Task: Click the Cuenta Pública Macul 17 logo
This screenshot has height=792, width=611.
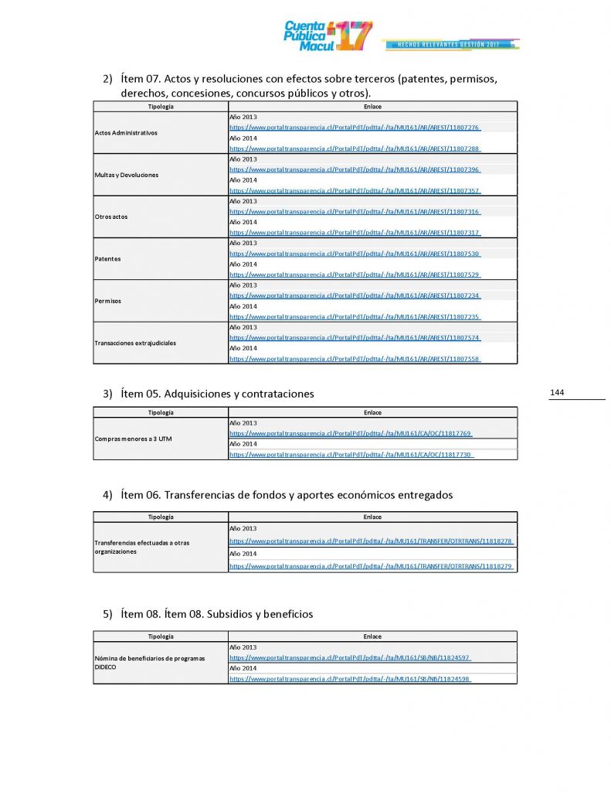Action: tap(328, 36)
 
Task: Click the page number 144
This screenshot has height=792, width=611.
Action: tap(557, 393)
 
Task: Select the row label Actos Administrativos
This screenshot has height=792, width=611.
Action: tap(126, 133)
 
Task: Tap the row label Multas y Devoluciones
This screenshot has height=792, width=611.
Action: tap(126, 175)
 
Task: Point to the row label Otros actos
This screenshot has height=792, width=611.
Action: tap(111, 217)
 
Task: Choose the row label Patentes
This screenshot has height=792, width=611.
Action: tap(107, 258)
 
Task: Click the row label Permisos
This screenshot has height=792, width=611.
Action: tap(108, 301)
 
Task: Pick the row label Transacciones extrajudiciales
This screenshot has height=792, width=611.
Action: tap(135, 343)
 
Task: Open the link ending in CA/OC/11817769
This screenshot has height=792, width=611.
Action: tap(351, 434)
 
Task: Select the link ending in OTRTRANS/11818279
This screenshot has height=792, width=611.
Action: tap(372, 567)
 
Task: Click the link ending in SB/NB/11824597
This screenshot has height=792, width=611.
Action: tap(350, 657)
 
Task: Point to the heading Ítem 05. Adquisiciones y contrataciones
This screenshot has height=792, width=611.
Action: tap(217, 394)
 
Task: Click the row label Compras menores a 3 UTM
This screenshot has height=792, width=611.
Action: tap(134, 439)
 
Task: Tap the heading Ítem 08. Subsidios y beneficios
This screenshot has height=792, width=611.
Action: tap(216, 614)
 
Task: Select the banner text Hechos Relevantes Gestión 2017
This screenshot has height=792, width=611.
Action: tap(448, 44)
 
